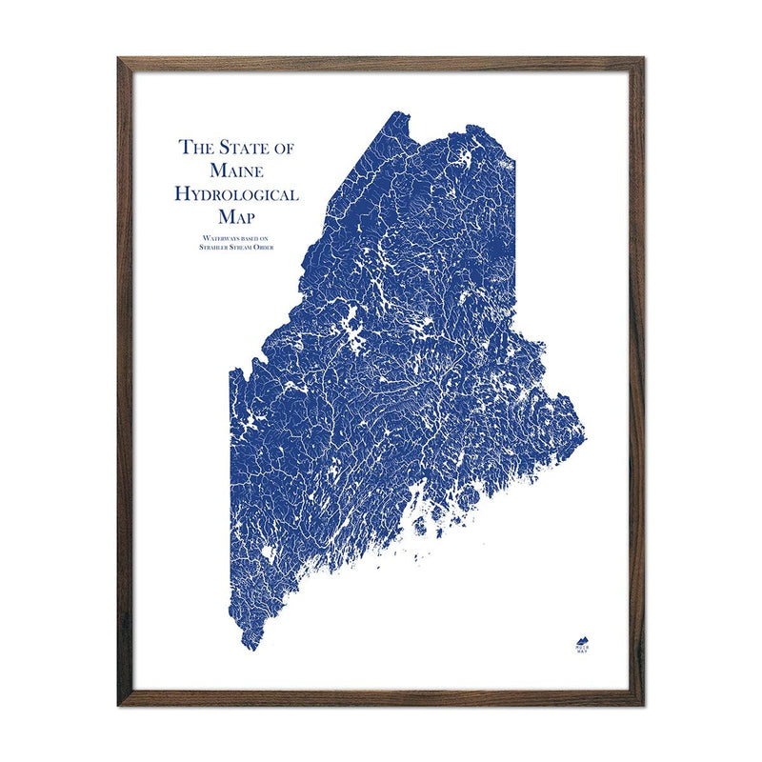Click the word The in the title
tap(196, 148)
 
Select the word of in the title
tap(284, 148)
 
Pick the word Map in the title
tap(237, 217)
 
